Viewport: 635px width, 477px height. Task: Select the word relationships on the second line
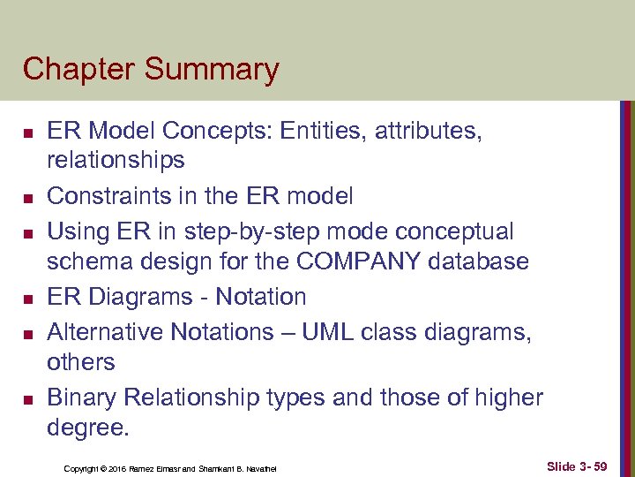click(x=116, y=160)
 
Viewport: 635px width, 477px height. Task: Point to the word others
click(x=80, y=362)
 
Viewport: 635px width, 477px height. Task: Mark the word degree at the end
click(x=87, y=428)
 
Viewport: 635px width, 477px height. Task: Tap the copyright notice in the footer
click(x=170, y=467)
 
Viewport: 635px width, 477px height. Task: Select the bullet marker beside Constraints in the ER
click(x=27, y=196)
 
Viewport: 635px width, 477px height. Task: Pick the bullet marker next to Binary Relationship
click(x=27, y=399)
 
